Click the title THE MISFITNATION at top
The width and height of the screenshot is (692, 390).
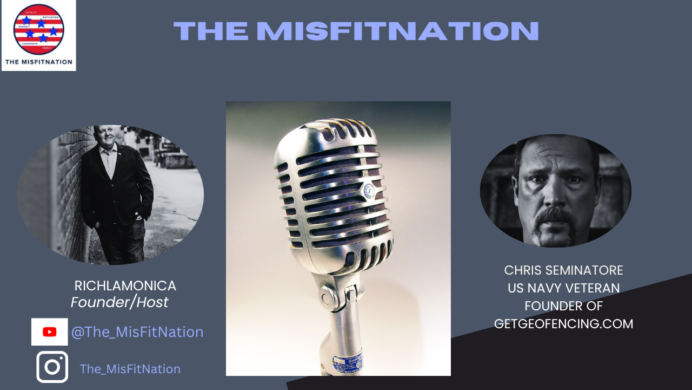coord(356,31)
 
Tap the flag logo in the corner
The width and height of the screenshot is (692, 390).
coord(38,29)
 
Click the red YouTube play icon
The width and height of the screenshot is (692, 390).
coord(50,332)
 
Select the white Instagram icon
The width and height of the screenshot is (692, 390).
coord(52,367)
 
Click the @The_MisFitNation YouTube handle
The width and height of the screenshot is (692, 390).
coord(137,332)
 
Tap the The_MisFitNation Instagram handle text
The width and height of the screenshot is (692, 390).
coord(130,369)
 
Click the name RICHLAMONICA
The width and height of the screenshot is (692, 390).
coord(125,285)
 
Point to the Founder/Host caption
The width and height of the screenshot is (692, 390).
coord(119,302)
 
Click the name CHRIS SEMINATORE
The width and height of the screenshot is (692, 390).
coord(563,270)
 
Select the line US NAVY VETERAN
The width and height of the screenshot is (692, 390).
coord(563,288)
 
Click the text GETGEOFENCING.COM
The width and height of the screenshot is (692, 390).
coord(563,324)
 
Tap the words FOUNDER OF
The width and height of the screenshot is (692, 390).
coord(563,306)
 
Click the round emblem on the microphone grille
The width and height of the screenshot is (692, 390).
coord(369,191)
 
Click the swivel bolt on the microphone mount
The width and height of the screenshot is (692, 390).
coord(327,296)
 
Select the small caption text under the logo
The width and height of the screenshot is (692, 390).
coord(38,62)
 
